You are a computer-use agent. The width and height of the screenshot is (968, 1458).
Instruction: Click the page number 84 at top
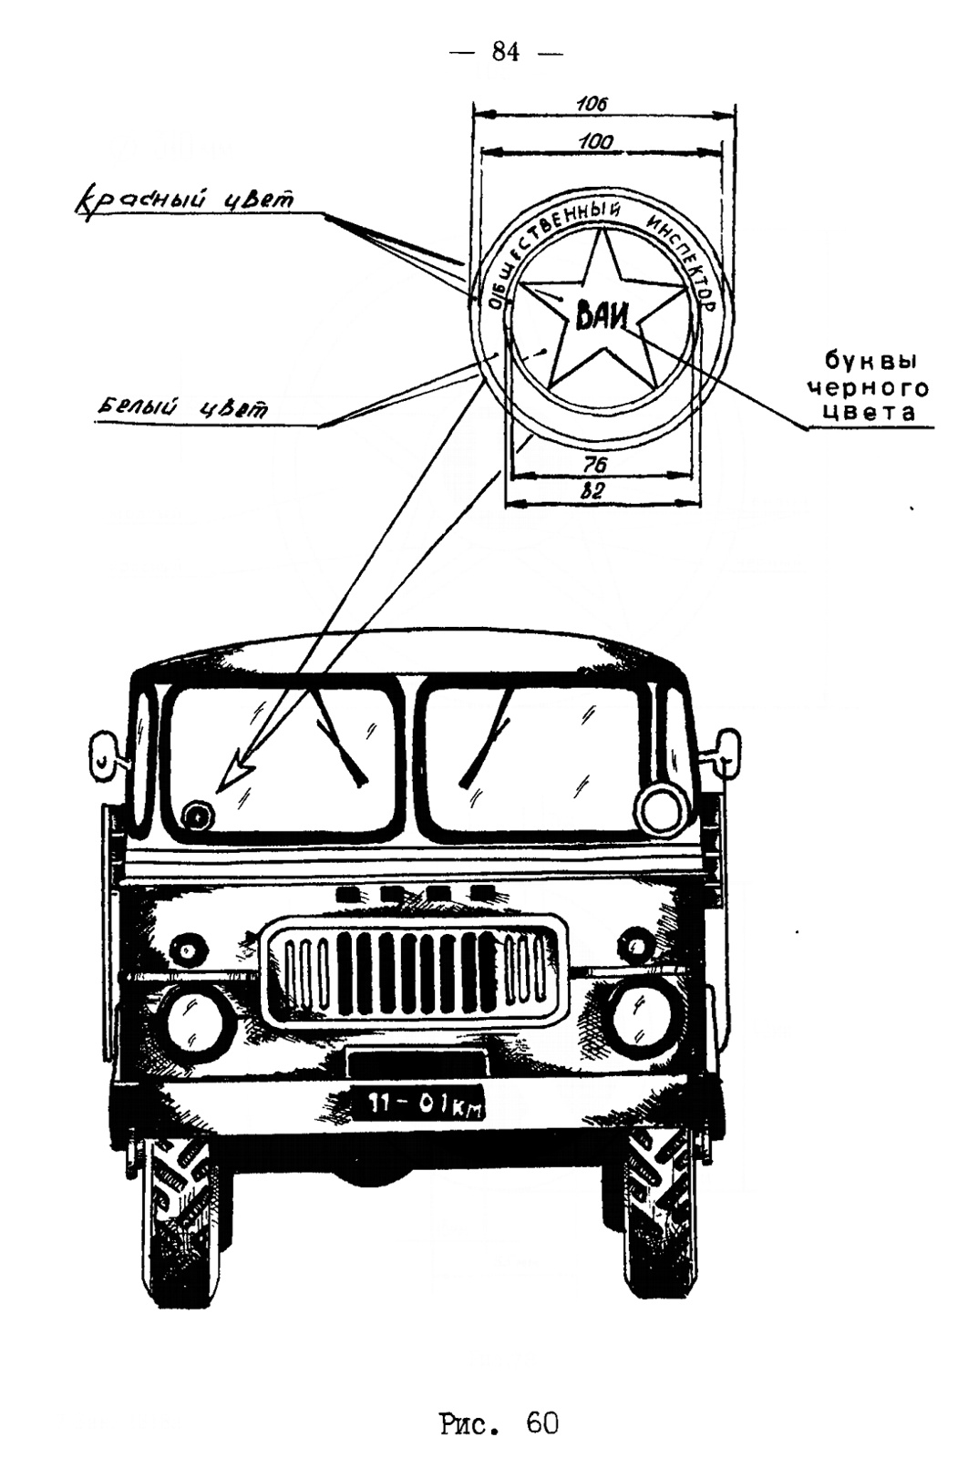coord(506,52)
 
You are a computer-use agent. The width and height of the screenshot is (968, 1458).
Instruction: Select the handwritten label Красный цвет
coord(183,200)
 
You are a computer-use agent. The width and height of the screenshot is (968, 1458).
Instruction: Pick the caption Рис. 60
coord(499,1422)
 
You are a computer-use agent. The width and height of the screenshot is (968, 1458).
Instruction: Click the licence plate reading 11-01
coord(417,1104)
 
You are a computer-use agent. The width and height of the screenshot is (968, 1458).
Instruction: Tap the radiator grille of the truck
coord(415,970)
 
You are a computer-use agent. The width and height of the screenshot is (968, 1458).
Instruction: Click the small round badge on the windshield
coord(196,816)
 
